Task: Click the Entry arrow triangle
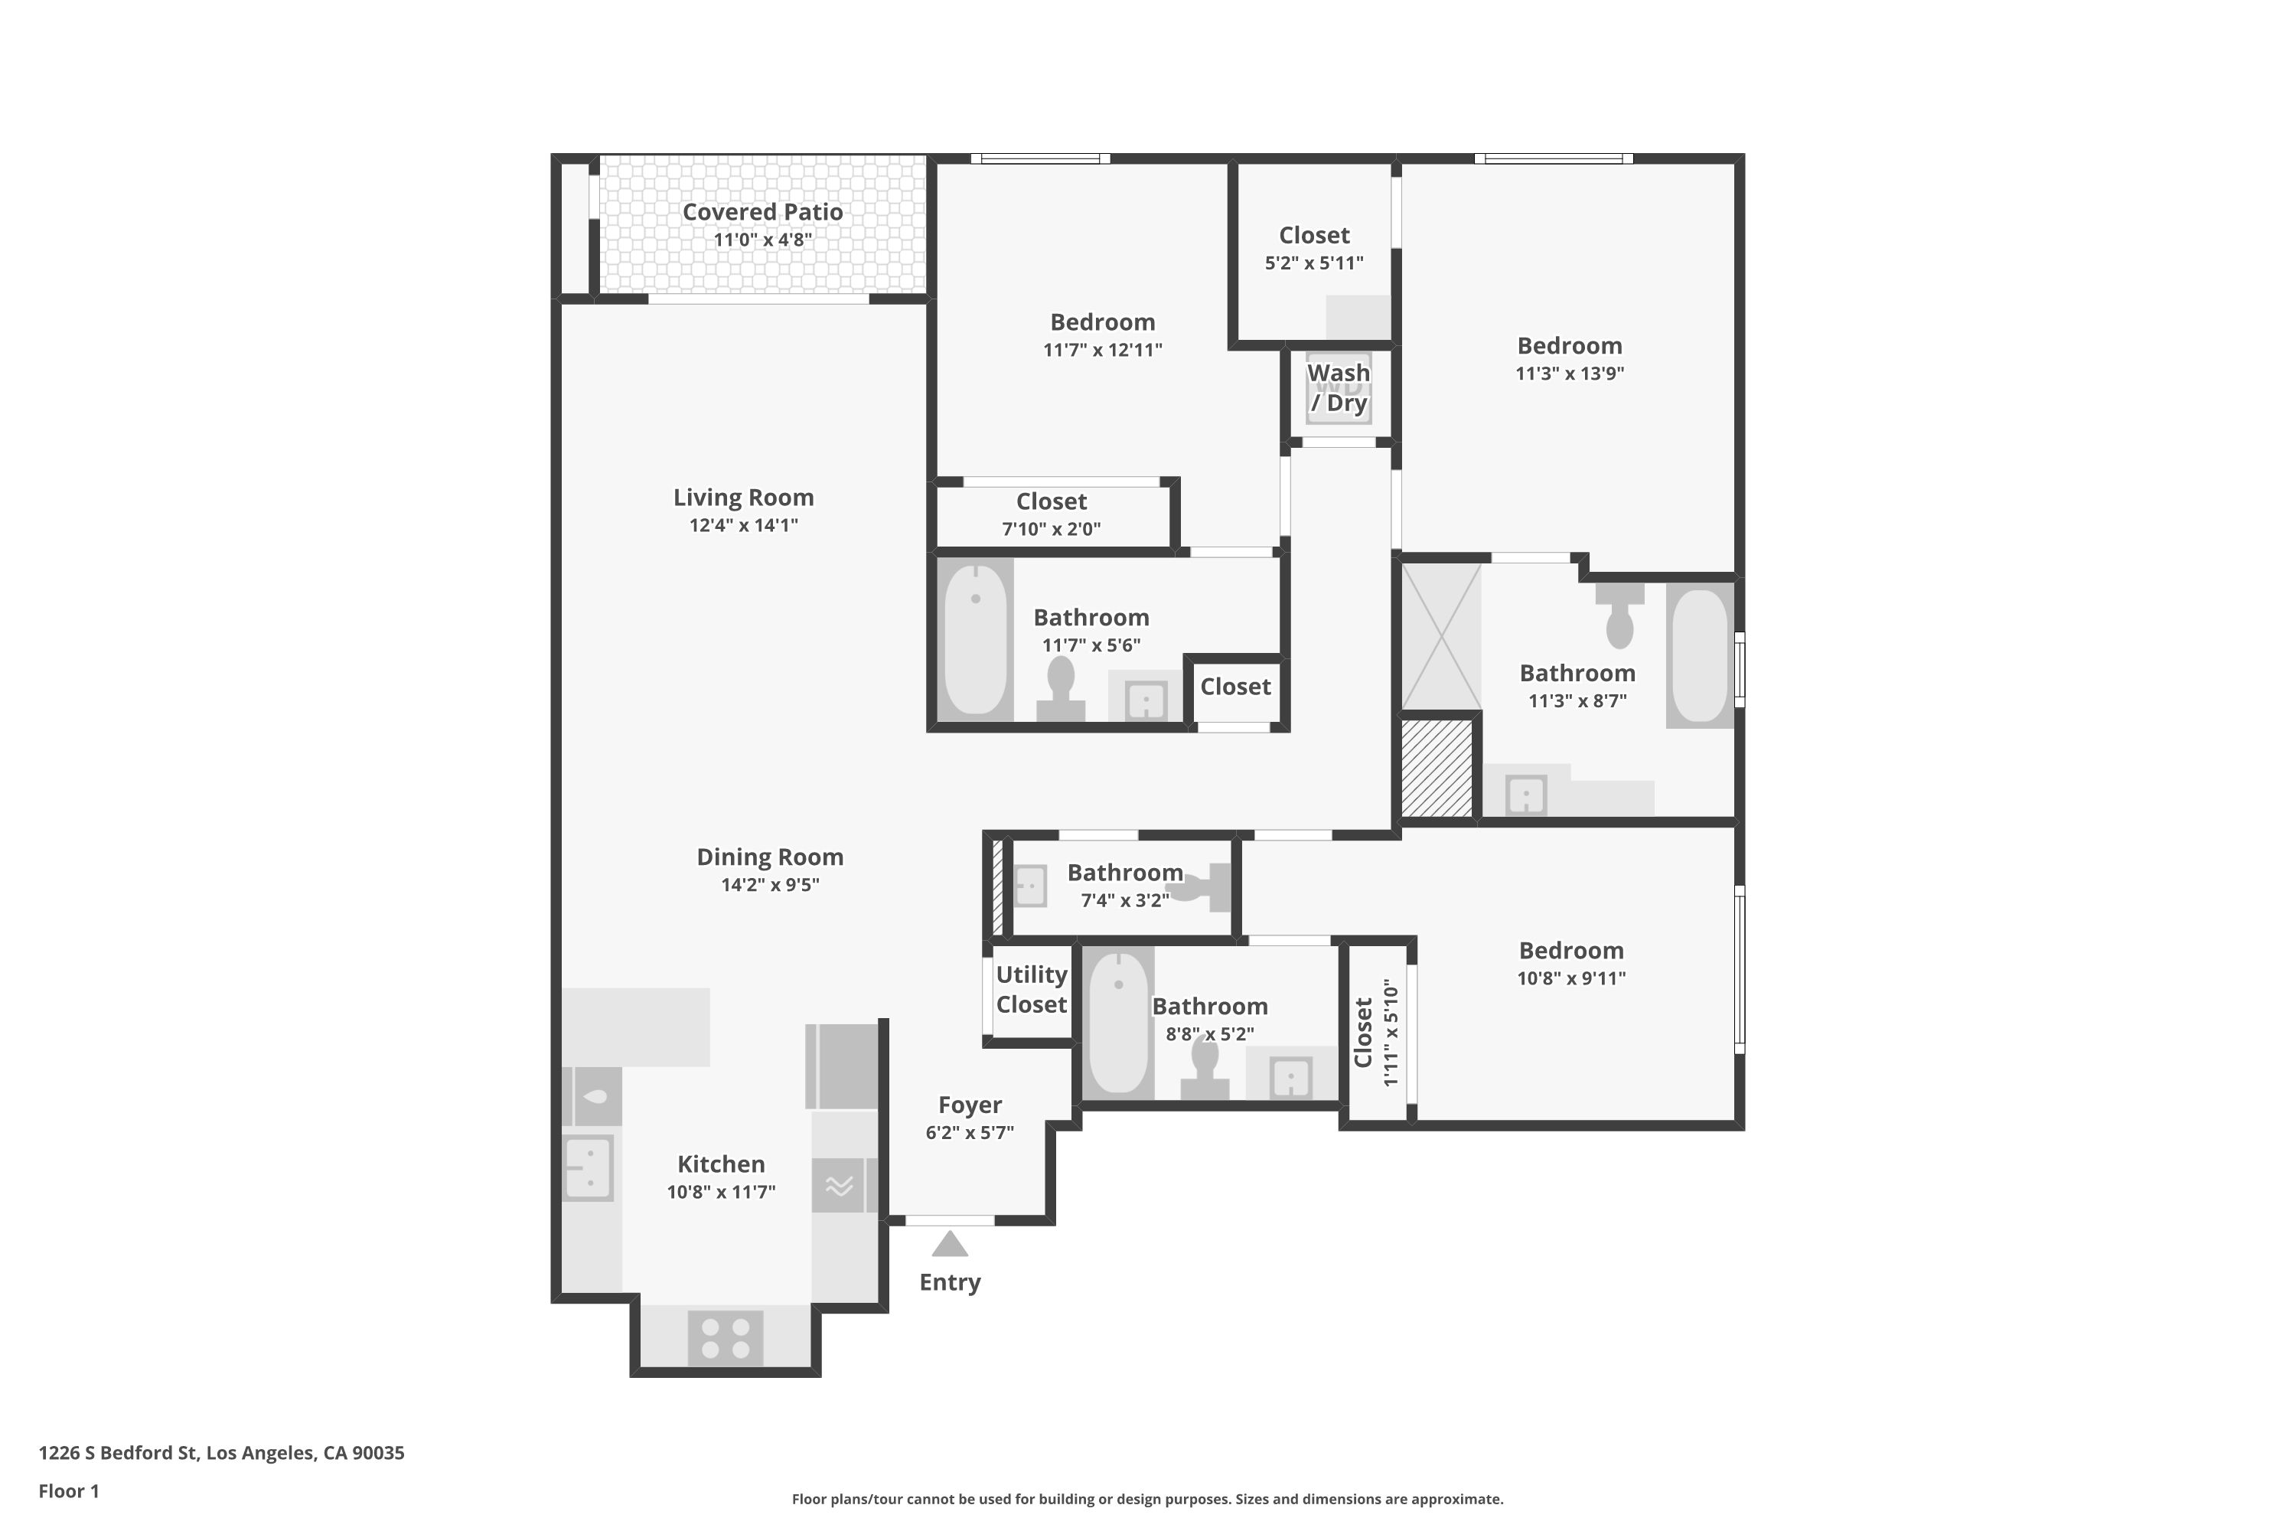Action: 949,1245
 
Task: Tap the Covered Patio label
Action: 762,212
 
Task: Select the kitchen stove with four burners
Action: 726,1339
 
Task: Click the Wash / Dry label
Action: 1339,387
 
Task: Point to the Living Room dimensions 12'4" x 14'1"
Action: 743,525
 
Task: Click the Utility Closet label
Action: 1031,989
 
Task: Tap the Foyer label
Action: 970,1105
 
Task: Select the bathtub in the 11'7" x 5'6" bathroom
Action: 975,638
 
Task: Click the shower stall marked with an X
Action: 1441,637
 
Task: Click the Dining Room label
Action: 769,857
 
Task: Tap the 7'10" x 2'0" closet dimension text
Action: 1052,529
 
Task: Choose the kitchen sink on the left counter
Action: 589,1168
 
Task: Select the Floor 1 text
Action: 68,1491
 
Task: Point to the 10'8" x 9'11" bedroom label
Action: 1570,951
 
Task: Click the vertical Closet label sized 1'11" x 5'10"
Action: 1364,1033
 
